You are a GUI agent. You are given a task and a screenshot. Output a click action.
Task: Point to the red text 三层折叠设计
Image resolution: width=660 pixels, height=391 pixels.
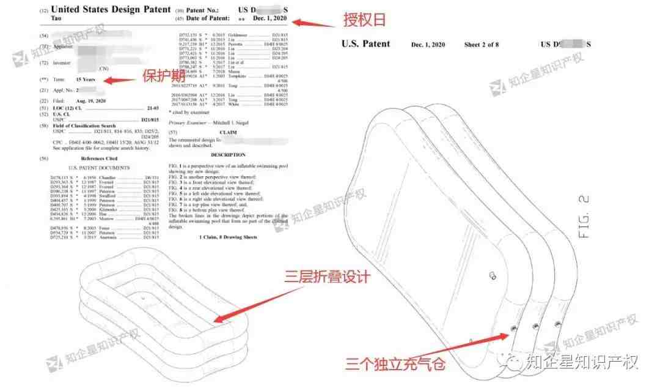click(328, 277)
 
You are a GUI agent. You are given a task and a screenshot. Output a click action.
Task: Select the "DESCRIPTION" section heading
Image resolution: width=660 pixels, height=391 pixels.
click(228, 155)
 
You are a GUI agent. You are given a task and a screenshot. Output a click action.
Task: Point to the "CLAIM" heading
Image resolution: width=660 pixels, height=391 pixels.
click(228, 132)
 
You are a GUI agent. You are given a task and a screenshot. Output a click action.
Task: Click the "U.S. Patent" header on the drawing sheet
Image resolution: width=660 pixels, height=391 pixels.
click(365, 44)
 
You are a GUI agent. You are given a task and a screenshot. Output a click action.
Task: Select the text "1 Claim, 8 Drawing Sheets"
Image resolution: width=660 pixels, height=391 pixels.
click(228, 237)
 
